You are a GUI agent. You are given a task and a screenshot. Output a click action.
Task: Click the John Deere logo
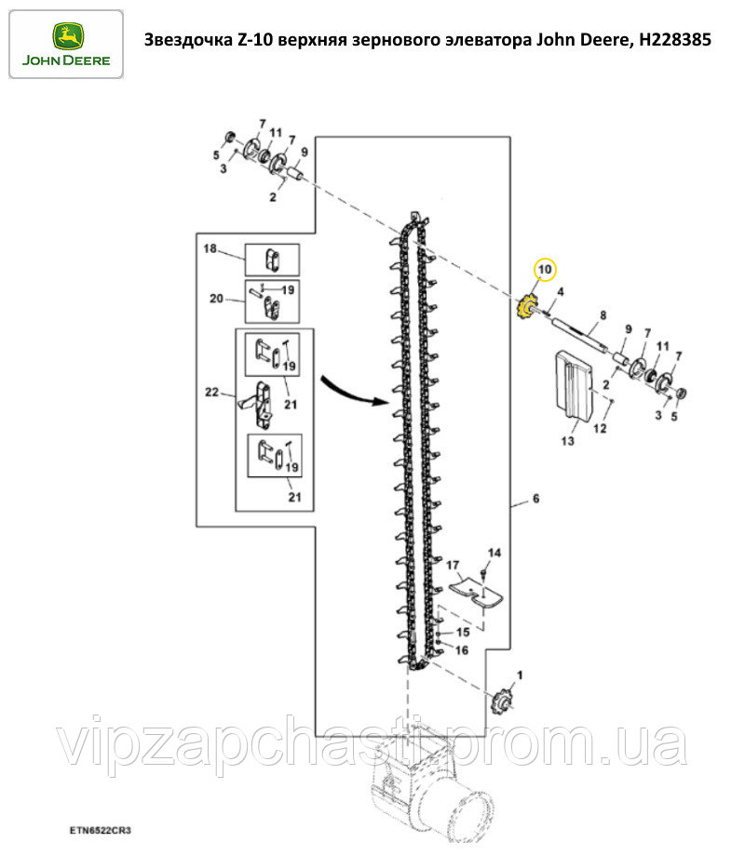tap(66, 44)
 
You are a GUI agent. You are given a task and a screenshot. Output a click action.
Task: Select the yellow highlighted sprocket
tap(525, 309)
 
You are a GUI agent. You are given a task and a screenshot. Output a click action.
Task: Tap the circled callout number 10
tap(545, 270)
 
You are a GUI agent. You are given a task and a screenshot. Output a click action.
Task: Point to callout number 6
tap(536, 499)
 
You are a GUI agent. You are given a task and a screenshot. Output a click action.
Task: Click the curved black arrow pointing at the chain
tap(353, 390)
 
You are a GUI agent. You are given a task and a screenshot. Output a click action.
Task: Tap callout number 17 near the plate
tap(453, 565)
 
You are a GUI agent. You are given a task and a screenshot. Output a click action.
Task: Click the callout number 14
tap(494, 553)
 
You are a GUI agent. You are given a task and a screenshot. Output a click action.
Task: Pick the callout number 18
tap(210, 248)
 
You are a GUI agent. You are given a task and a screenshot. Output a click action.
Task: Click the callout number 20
tap(217, 299)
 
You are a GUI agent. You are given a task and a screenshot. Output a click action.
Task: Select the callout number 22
tap(211, 392)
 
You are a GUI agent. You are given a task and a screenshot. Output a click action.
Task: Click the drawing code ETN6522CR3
tap(101, 831)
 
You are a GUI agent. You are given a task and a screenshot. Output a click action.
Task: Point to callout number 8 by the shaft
tap(603, 315)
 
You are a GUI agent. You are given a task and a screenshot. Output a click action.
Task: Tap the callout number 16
tap(462, 650)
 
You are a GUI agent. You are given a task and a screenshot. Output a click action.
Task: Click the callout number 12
tap(600, 429)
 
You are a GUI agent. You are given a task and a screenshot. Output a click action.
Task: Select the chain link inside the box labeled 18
tap(272, 260)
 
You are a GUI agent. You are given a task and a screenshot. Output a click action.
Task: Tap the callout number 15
tap(463, 633)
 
